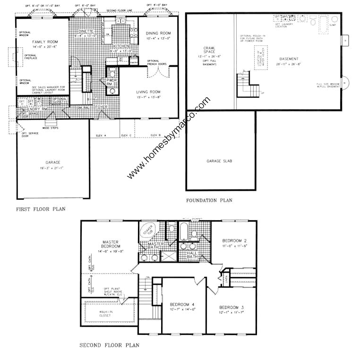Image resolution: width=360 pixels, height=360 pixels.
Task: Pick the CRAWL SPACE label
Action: (209, 49)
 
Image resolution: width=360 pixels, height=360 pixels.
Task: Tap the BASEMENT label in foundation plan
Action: (288, 59)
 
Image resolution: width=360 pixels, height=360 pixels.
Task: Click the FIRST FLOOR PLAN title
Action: (41, 209)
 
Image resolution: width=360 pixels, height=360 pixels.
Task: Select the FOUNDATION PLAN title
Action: (209, 200)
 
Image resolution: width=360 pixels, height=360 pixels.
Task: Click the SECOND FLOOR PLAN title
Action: (109, 345)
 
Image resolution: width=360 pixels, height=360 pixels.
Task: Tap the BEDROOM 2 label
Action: (234, 240)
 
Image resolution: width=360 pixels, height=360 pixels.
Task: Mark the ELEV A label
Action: (101, 136)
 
